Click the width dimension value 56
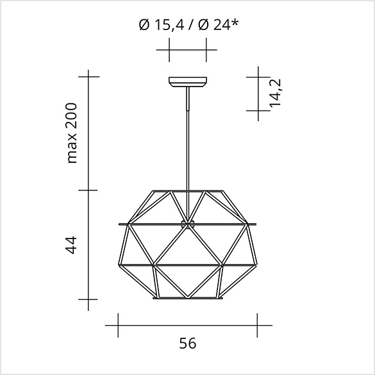click(188, 343)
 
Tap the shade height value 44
click(71, 245)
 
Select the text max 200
click(72, 133)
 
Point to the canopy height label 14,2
click(275, 93)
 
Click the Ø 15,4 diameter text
click(162, 25)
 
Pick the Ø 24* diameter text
click(219, 25)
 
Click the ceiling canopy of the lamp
click(188, 82)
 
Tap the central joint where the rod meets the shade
click(188, 224)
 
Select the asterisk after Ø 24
click(235, 22)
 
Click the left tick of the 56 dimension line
click(118, 325)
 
